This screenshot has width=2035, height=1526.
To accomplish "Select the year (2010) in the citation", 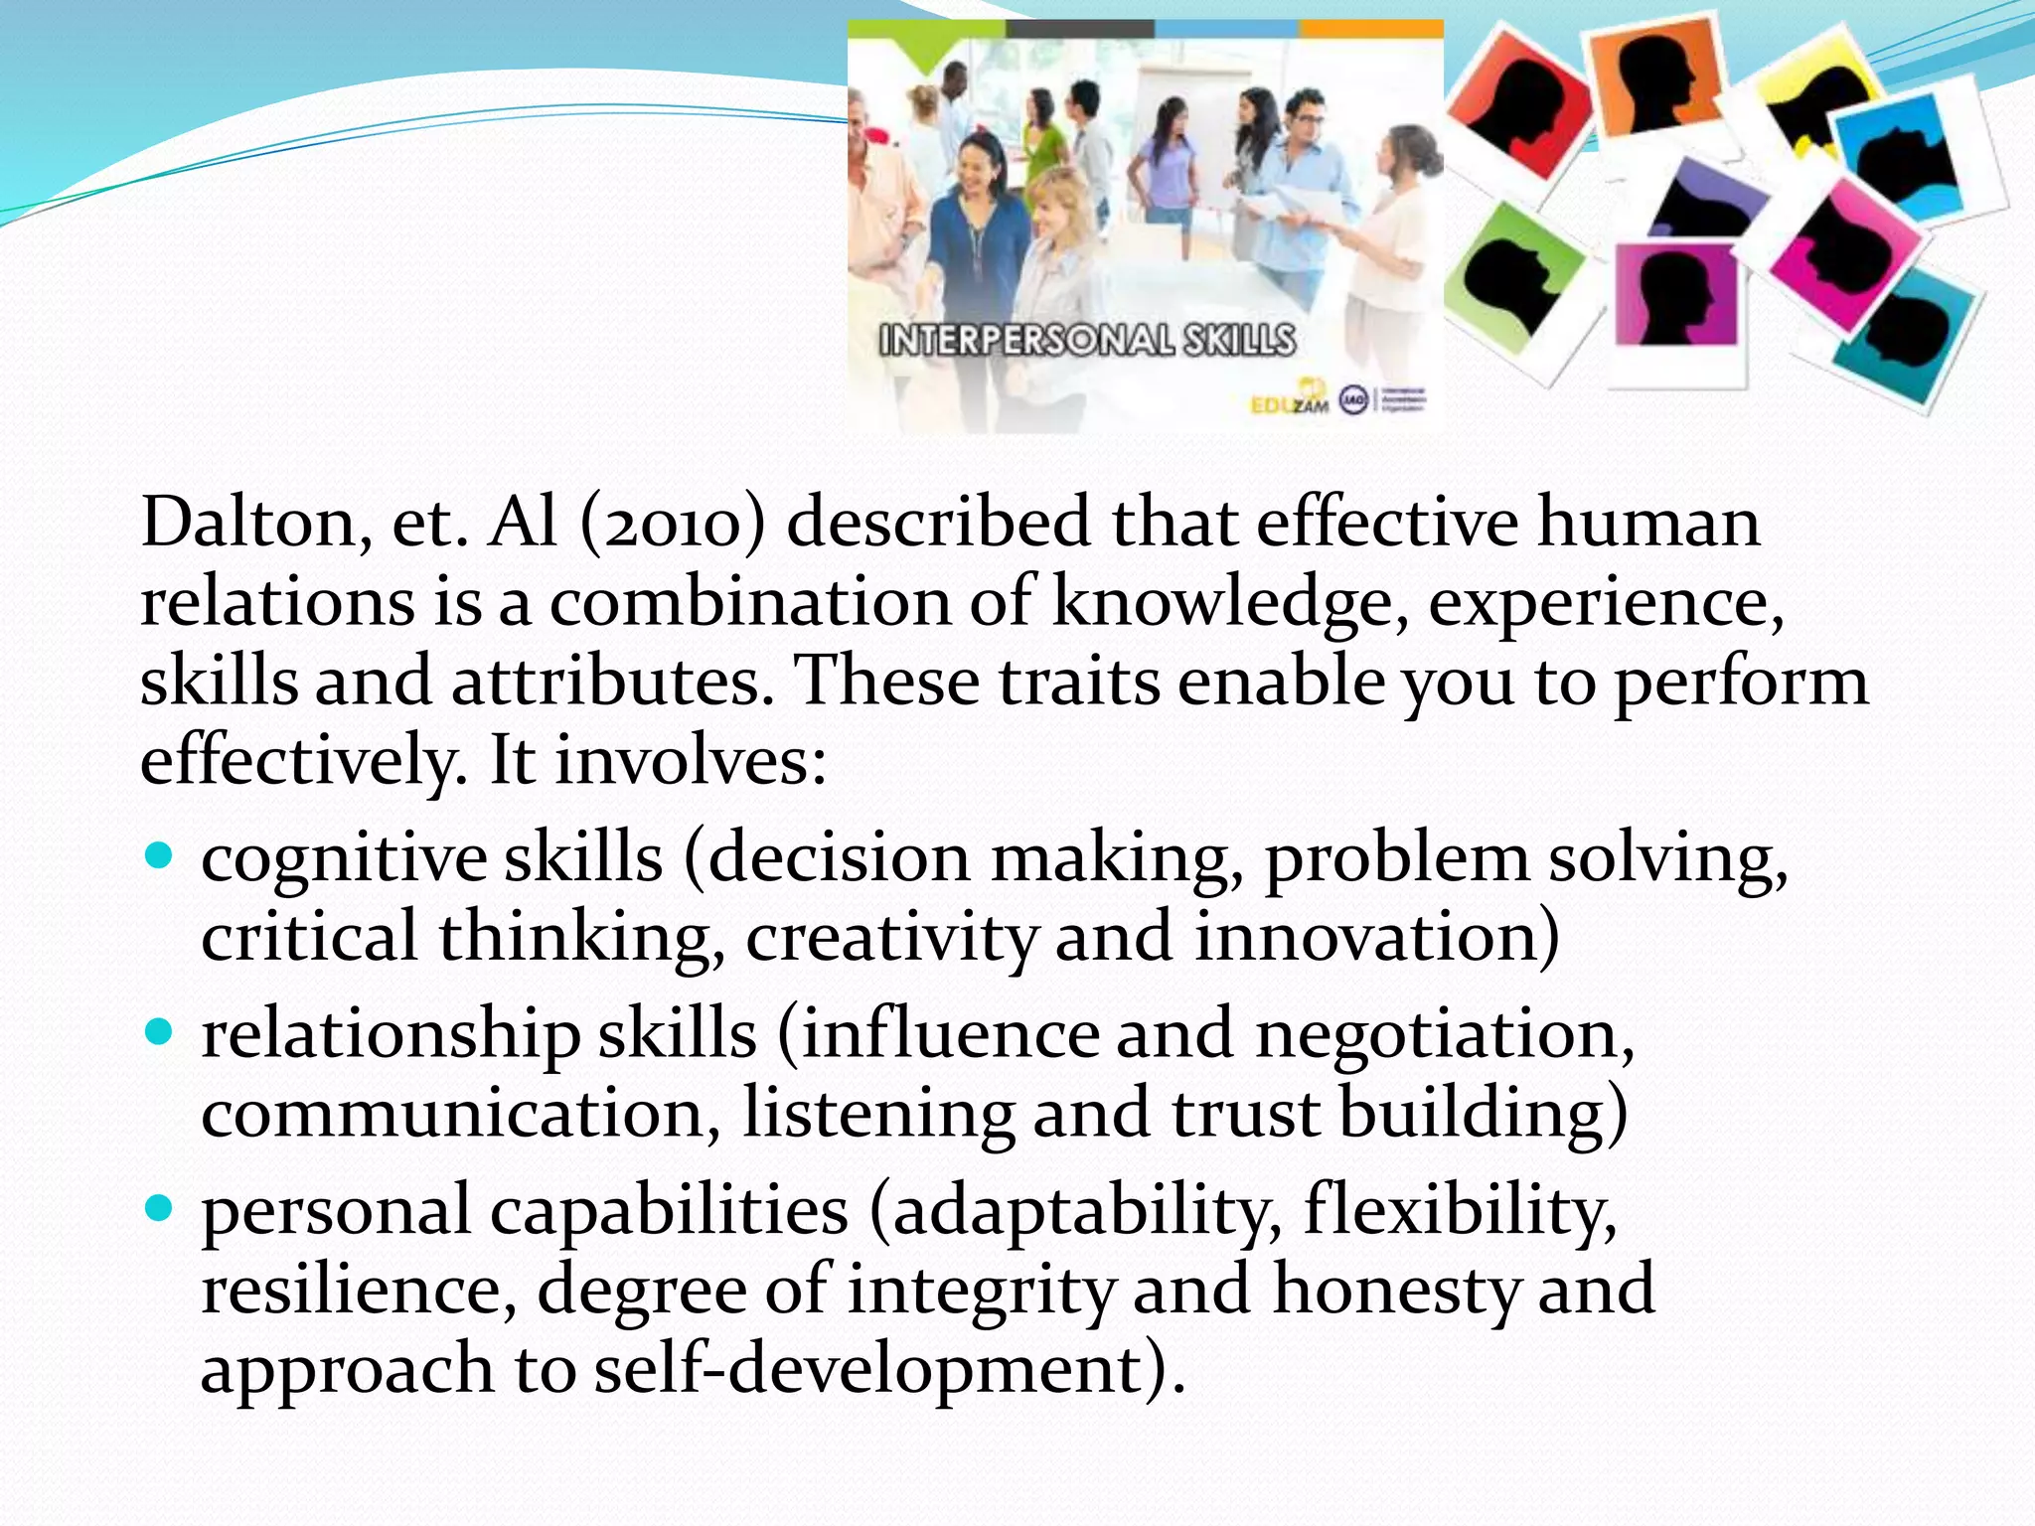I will click(674, 524).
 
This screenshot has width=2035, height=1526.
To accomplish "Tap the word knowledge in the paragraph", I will click(1229, 603).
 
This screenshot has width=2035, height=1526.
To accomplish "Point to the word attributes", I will click(612, 683).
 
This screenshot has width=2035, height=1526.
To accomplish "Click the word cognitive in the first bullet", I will click(342, 859).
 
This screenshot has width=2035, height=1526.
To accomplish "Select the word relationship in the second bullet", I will click(390, 1035).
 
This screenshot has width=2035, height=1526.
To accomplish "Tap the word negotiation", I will click(1444, 1035).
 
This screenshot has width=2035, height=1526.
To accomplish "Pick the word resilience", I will click(358, 1291).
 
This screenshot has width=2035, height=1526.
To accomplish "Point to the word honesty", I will click(1395, 1291).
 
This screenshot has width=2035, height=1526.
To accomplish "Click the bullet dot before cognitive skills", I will click(159, 855).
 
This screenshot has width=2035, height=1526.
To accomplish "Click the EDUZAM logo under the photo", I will click(1290, 402).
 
